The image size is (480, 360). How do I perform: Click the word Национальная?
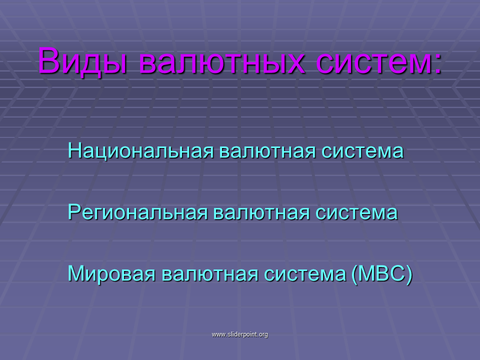pos(140,150)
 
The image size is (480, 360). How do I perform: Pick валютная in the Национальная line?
pos(267,151)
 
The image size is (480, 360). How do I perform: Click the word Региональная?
pos(137,212)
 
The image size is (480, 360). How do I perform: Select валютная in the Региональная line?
pos(261,212)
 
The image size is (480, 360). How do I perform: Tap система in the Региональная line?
pos(356,213)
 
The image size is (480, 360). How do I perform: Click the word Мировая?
pos(111,273)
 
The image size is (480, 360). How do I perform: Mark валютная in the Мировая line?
pos(209,274)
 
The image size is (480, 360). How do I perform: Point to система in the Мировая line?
pos(304,274)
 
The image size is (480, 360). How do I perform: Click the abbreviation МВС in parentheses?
pos(381,273)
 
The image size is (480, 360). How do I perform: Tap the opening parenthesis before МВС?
pos(354,274)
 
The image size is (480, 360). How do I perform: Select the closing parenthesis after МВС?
pos(409,274)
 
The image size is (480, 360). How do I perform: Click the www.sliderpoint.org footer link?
pos(239,334)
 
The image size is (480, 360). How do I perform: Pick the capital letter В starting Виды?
pos(48,60)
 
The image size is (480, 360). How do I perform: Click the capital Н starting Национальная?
pos(74,150)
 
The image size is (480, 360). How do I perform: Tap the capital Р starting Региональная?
pos(74,211)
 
